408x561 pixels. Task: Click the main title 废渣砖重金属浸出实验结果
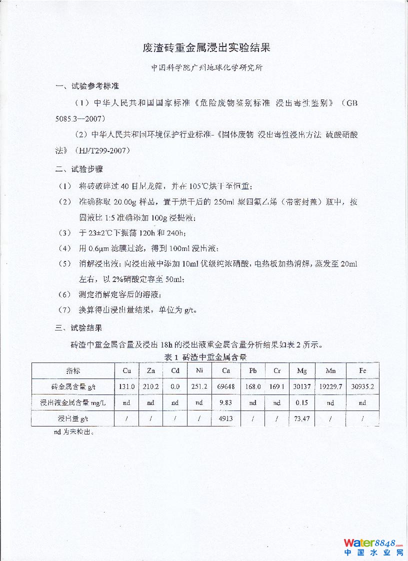tap(206, 48)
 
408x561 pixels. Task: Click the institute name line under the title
tap(207, 68)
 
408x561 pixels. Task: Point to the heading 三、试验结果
tap(79, 328)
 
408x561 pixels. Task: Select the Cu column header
tap(127, 370)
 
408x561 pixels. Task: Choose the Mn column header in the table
tap(330, 370)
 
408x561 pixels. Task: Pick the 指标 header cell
tap(73, 370)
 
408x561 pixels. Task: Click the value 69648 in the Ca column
tap(226, 386)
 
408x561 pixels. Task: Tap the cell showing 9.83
tap(226, 402)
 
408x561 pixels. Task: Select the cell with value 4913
tap(226, 418)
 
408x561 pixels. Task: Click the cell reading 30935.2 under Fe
tap(362, 386)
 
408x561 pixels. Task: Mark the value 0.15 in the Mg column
tap(302, 402)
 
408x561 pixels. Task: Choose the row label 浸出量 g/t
tap(73, 418)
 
